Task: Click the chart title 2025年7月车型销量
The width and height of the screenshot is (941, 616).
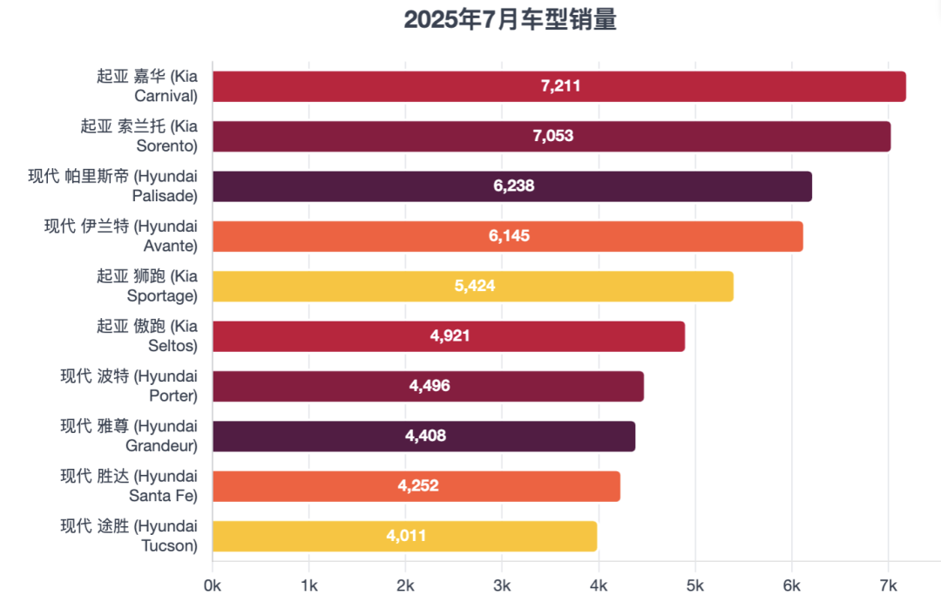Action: coord(510,20)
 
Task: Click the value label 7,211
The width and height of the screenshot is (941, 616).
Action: coord(560,86)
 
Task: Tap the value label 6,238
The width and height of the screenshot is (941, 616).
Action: coord(514,186)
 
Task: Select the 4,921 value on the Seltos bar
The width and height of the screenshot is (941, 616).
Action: coord(450,336)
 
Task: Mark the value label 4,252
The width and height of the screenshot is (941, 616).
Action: coord(418,486)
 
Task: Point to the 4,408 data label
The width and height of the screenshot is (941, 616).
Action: coord(425,437)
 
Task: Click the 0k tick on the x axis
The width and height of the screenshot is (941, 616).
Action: coord(213,586)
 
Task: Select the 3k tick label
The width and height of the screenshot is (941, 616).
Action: coord(502,586)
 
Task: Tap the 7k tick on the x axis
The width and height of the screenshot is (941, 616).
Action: coord(888,586)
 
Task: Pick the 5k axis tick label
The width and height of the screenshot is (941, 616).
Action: coord(695,586)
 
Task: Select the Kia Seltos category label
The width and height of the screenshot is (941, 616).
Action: coord(147,336)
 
